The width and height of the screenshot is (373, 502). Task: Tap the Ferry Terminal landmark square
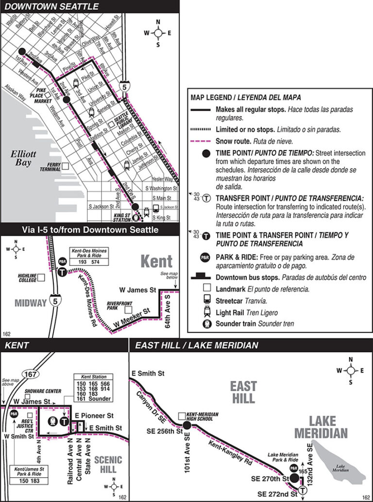[65, 166]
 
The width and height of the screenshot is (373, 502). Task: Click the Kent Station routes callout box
[92, 388]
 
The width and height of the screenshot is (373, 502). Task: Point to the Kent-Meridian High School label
[203, 416]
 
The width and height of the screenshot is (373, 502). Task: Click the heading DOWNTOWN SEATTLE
[52, 6]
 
